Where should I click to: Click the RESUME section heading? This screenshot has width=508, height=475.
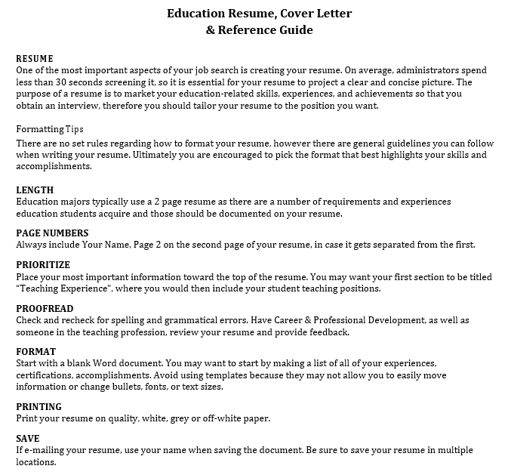(x=35, y=57)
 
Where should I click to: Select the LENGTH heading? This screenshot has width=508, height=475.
(x=35, y=190)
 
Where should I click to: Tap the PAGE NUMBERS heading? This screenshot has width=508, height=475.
(x=52, y=233)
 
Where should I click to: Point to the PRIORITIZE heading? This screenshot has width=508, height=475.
(x=43, y=265)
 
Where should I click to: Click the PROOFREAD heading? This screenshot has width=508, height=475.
(x=45, y=308)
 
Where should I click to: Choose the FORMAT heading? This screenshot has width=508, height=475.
(x=36, y=351)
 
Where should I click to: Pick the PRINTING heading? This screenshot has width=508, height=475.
(x=39, y=406)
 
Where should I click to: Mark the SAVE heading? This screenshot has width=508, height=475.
(x=28, y=438)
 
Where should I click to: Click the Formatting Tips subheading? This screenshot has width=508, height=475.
(x=50, y=129)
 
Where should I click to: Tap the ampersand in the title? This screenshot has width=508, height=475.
(x=210, y=31)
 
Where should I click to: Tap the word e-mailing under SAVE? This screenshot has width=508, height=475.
(x=47, y=450)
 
